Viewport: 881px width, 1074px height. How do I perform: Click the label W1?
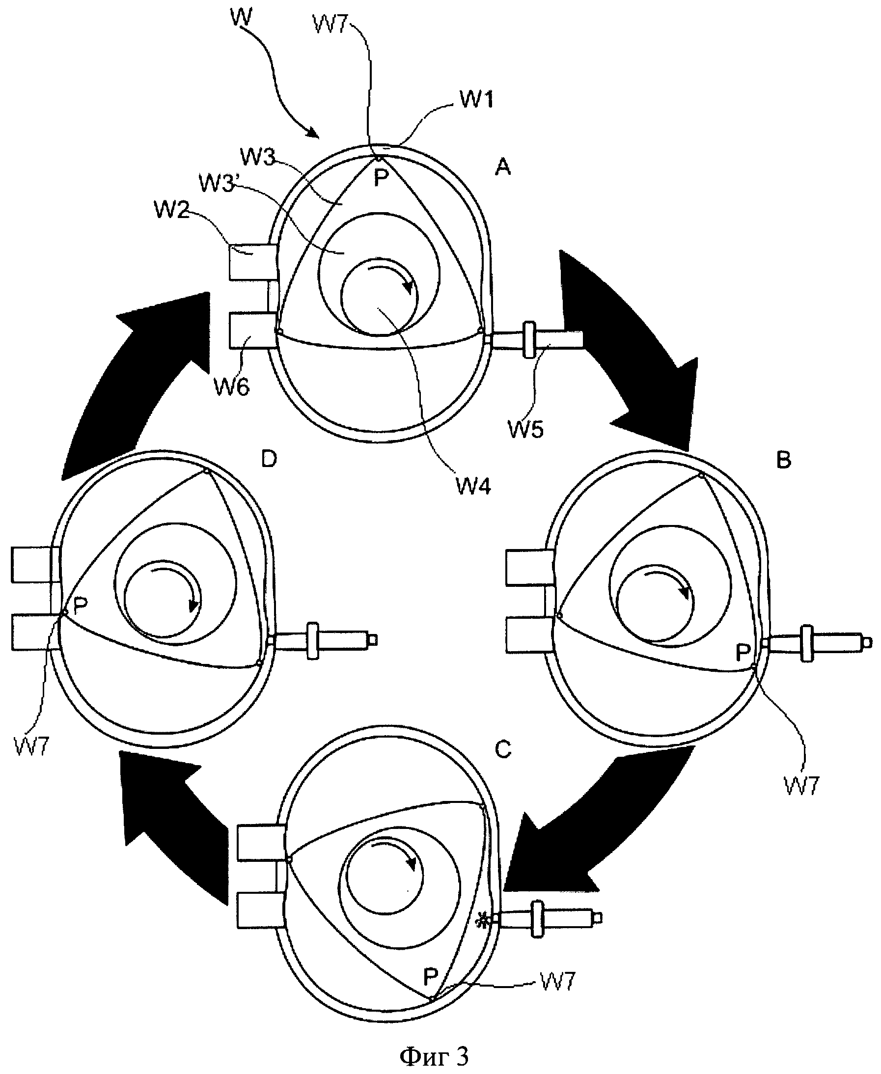[476, 100]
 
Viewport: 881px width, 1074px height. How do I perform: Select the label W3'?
[217, 183]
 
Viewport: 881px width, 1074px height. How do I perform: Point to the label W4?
[473, 486]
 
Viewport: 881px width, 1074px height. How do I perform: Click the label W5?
[526, 429]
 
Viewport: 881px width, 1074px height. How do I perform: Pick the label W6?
[231, 387]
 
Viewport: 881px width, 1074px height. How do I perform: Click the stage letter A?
[502, 167]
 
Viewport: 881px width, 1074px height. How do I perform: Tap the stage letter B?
[784, 460]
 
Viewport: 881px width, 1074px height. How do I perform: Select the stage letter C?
[502, 749]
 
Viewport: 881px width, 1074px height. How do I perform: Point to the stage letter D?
[269, 459]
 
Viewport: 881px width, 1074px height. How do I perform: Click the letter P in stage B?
[743, 652]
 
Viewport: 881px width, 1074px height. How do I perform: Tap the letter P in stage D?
[80, 605]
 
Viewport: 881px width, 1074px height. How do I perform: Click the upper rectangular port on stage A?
[252, 262]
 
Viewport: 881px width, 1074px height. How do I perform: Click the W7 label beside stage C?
[558, 982]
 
